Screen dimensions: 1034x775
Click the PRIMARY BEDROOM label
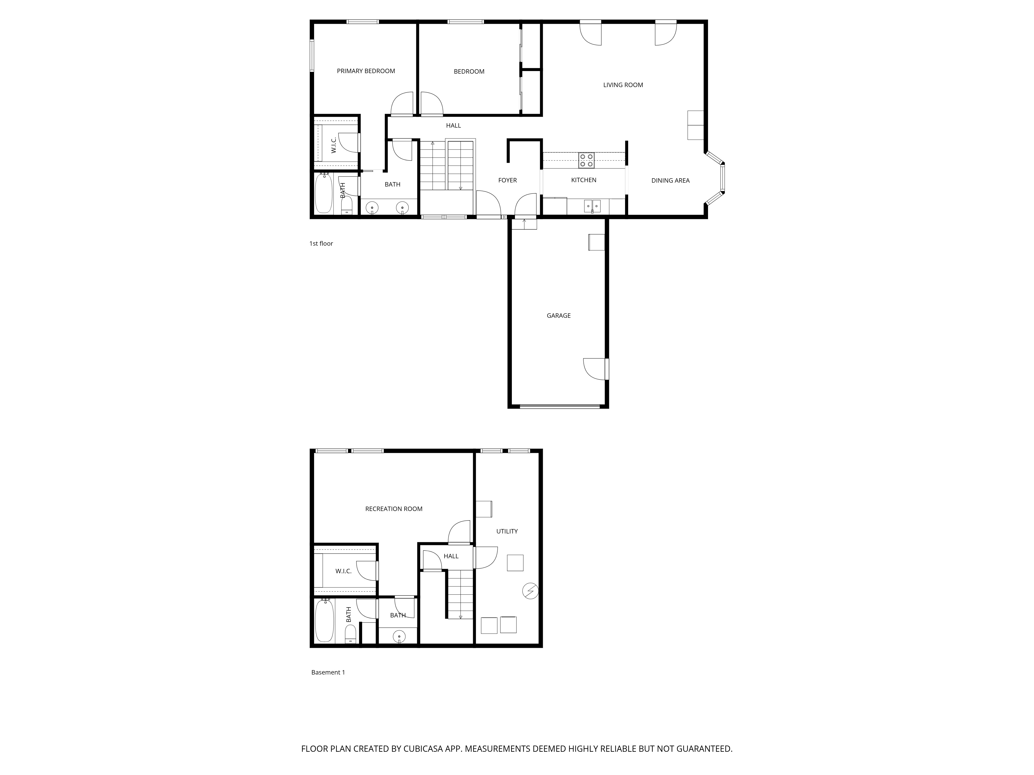(x=366, y=71)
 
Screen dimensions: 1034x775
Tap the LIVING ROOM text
(x=623, y=85)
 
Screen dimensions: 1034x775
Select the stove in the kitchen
(x=587, y=160)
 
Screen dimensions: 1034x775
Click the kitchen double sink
(x=592, y=206)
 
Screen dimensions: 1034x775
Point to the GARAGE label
(x=559, y=316)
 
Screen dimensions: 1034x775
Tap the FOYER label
(x=508, y=180)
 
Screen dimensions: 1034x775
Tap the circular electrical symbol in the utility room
(x=530, y=591)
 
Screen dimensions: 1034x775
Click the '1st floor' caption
(x=321, y=243)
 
